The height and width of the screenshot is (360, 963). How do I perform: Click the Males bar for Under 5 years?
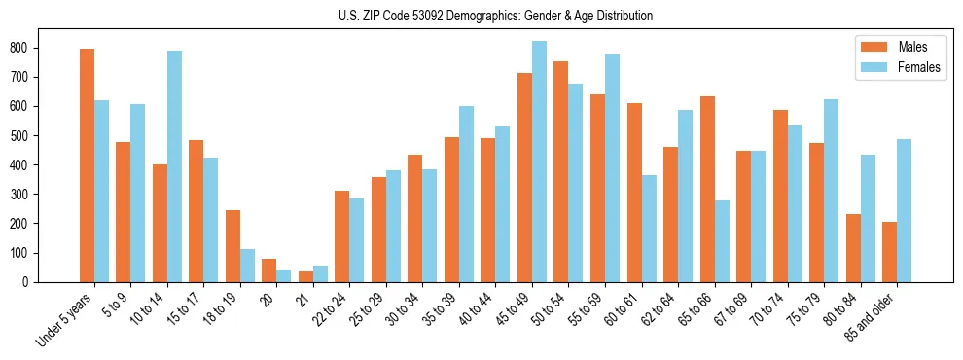[x=87, y=165]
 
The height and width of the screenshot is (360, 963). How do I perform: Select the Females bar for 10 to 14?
[x=174, y=166]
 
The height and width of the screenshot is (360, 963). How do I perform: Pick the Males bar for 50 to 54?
[x=561, y=171]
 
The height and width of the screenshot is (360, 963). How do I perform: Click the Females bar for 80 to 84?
[x=868, y=218]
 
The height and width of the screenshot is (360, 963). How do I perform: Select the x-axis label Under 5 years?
[x=65, y=317]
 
